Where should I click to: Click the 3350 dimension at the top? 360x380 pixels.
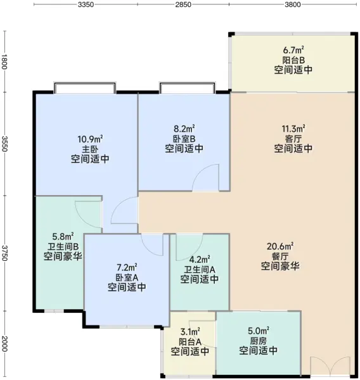(x=86, y=4)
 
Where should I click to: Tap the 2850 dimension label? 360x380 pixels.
(x=183, y=4)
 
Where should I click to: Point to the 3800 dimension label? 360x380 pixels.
(x=293, y=4)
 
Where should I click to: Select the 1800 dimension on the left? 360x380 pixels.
(x=4, y=61)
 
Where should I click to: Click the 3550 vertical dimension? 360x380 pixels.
(x=4, y=144)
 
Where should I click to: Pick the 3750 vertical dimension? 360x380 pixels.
(x=4, y=253)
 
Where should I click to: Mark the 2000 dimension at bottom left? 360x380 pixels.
(x=4, y=344)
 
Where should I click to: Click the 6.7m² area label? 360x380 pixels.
(x=293, y=50)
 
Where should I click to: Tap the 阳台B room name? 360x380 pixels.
(x=293, y=60)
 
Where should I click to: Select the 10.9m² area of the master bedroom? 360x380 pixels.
(x=90, y=139)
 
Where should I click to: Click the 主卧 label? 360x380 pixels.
(x=90, y=149)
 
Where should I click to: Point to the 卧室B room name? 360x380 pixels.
(x=184, y=139)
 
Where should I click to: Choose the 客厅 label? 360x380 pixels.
(x=293, y=139)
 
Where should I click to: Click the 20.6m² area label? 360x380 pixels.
(x=280, y=246)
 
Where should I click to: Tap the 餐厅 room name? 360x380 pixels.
(x=280, y=256)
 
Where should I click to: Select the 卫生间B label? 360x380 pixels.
(x=63, y=246)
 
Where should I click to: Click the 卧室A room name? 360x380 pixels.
(x=127, y=277)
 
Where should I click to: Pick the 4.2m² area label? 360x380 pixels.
(x=200, y=260)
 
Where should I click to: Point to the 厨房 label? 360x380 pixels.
(x=259, y=341)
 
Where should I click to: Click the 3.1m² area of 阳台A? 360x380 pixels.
(x=190, y=331)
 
